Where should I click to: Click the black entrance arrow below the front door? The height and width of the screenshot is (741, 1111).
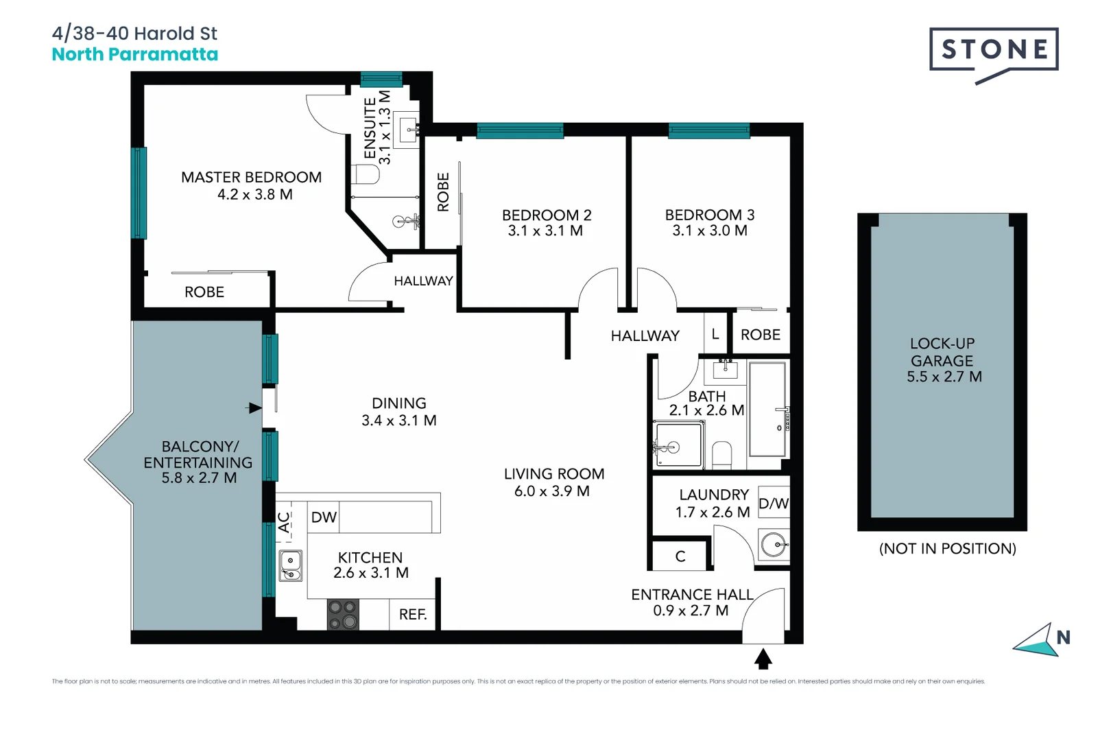763,659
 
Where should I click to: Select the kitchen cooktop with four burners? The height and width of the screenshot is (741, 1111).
343,615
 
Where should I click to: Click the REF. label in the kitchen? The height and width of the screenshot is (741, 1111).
413,615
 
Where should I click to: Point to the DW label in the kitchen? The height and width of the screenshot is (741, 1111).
324,517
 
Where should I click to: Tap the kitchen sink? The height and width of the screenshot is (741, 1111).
291,566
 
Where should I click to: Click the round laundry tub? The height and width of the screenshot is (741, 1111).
774,545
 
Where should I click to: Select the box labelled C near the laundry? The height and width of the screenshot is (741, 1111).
680,556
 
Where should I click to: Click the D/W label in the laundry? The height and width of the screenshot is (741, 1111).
774,504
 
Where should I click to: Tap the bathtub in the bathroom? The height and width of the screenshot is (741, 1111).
767,410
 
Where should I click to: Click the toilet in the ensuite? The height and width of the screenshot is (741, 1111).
366,174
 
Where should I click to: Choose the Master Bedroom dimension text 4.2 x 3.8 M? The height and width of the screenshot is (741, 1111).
255,195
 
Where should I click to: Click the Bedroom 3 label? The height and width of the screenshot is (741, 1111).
709,215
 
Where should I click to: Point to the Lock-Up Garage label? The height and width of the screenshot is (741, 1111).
942,352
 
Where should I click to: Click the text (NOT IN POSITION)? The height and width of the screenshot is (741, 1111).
947,549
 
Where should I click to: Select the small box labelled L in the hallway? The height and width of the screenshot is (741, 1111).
715,334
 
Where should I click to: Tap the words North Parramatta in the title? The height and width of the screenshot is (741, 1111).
135,55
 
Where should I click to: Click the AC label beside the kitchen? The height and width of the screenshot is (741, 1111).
284,523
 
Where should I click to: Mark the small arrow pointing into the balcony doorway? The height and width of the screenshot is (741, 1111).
254,408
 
